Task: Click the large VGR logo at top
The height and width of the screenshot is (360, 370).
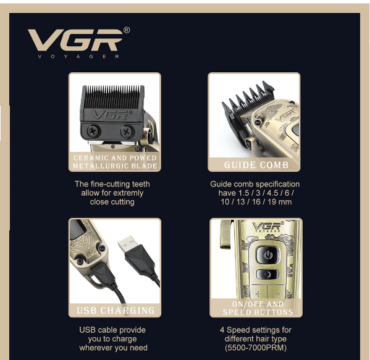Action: point(75,40)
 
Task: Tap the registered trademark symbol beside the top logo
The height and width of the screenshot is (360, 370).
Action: point(127,30)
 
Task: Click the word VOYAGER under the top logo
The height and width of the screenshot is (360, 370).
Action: point(79,57)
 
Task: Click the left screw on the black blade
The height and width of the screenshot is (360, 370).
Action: point(91,130)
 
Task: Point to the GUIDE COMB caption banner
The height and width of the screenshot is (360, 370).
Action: point(256,165)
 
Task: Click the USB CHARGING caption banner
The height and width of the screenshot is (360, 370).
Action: point(116,311)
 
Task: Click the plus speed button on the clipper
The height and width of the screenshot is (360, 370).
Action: point(259,294)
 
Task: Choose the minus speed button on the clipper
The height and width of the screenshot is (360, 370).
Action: point(277,294)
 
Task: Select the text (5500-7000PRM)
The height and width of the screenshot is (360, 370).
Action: point(256,348)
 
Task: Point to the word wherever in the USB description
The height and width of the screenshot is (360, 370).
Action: point(96,348)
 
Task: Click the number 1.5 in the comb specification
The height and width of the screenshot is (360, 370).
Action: point(244,193)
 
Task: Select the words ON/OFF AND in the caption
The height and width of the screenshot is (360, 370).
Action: point(258,304)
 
